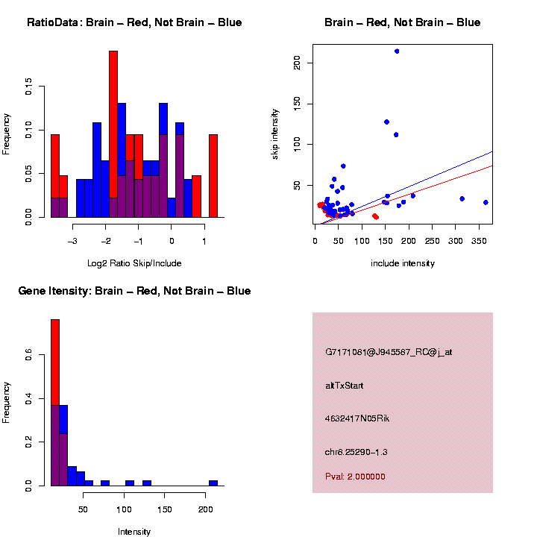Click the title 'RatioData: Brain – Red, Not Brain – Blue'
click(134, 23)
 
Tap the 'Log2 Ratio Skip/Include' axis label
click(134, 263)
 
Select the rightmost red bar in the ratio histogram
click(213, 175)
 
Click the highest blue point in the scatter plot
click(397, 51)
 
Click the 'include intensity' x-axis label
click(402, 263)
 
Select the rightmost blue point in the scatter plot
click(486, 202)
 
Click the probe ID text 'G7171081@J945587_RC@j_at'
click(389, 352)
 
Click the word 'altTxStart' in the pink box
click(344, 386)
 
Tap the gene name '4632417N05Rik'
click(357, 418)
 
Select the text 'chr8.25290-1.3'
click(357, 452)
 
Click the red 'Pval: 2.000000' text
click(355, 477)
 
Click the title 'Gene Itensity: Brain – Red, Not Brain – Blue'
click(134, 291)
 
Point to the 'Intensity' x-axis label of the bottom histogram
click(134, 532)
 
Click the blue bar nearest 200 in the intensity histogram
click(213, 483)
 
